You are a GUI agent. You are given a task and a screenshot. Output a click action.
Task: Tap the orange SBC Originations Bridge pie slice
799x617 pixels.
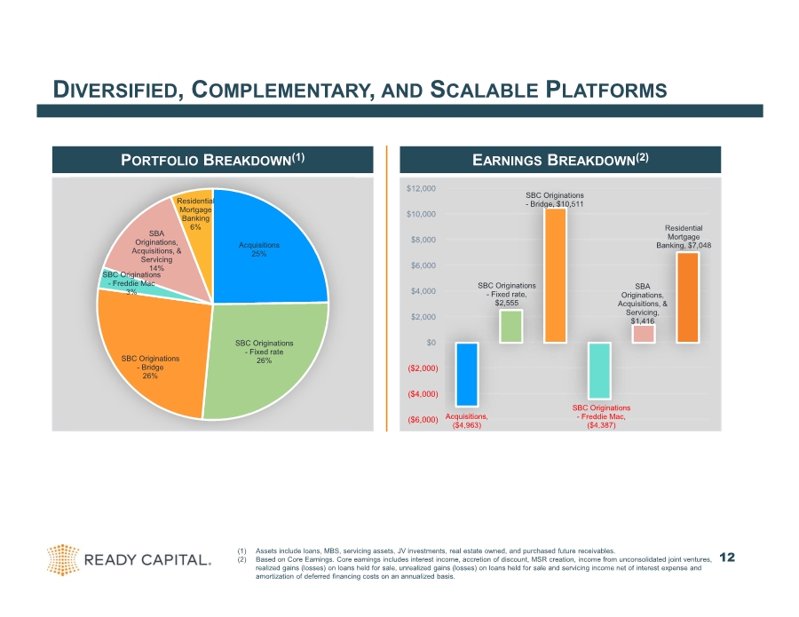[153, 357]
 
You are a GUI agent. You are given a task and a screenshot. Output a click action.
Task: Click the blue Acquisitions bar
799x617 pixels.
[467, 375]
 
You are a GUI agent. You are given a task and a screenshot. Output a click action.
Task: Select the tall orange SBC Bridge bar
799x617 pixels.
[555, 275]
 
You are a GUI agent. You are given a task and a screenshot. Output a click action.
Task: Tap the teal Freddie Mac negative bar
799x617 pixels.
[599, 370]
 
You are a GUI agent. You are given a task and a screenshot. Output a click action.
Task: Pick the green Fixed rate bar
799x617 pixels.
[510, 326]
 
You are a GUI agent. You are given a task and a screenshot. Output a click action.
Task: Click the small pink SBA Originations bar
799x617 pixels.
[643, 334]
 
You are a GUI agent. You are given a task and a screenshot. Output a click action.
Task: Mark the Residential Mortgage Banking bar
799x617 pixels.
[687, 297]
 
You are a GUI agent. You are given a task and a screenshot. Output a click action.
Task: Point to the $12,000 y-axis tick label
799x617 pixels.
[421, 188]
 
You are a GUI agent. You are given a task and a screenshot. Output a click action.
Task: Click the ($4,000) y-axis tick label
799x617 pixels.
[423, 394]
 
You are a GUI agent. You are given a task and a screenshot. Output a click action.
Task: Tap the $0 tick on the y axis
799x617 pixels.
[431, 343]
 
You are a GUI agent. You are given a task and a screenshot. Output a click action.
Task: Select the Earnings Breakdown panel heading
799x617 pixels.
[560, 160]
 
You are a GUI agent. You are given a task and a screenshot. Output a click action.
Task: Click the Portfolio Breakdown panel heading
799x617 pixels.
[212, 160]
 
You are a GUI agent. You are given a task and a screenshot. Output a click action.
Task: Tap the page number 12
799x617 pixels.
[727, 558]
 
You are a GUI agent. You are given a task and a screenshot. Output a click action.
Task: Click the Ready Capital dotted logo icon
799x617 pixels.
[63, 559]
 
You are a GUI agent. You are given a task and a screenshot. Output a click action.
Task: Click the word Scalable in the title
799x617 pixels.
[484, 90]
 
